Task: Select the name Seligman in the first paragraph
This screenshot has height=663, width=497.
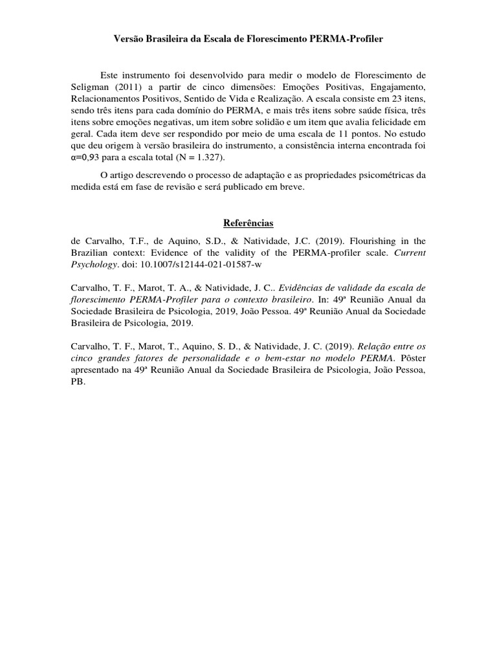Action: [90, 86]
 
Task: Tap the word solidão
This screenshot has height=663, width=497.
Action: [290, 122]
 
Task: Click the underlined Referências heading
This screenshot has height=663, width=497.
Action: [248, 223]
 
